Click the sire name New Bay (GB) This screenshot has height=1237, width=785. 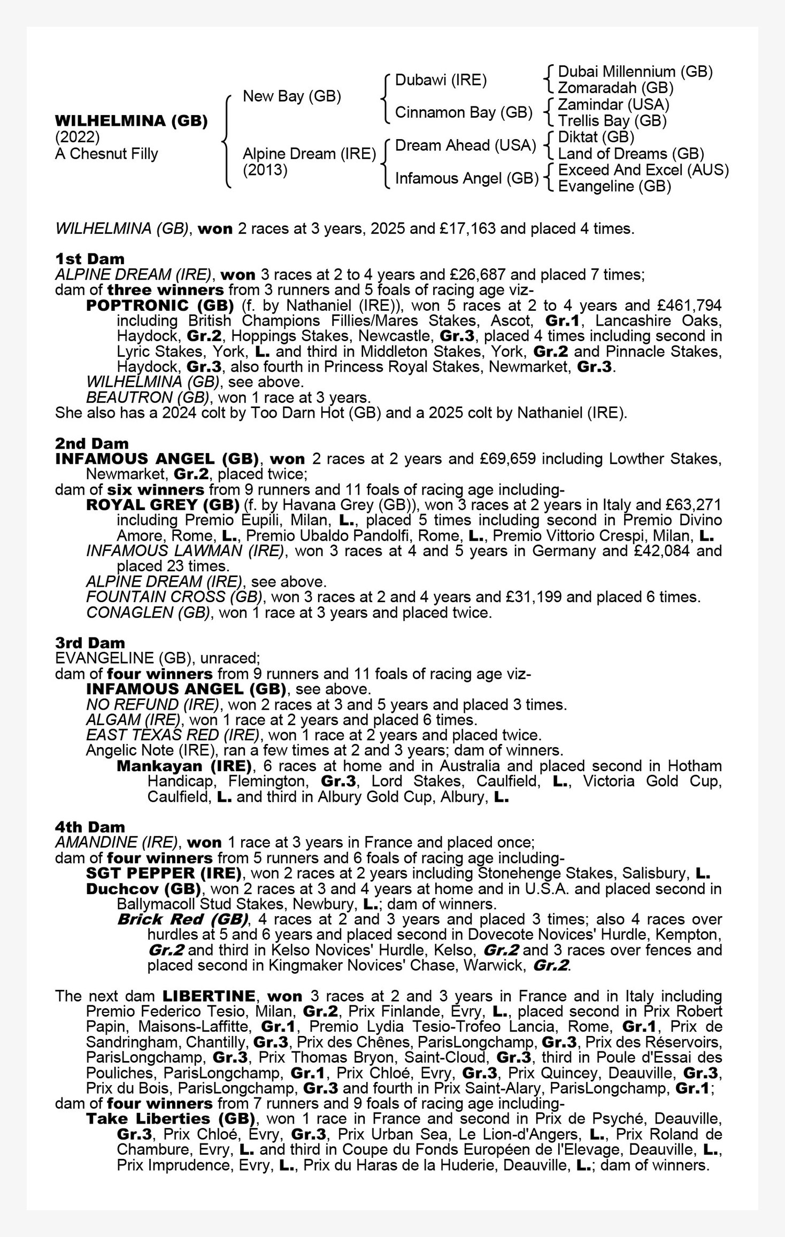(x=291, y=96)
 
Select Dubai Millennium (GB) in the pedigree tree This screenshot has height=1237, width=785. (x=635, y=72)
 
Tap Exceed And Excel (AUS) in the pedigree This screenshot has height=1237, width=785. (x=643, y=170)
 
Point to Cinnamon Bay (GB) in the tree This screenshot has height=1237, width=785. (x=463, y=113)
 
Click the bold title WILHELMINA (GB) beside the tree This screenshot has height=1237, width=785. (x=131, y=121)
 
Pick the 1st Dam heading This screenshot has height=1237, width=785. (x=89, y=259)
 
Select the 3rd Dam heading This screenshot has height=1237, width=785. (x=89, y=643)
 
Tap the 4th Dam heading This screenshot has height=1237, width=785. (x=89, y=827)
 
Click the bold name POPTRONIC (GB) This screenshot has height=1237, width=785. (x=160, y=305)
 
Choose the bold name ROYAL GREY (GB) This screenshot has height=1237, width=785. (x=163, y=505)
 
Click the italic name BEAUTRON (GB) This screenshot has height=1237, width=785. (x=147, y=398)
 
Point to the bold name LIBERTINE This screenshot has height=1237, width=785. (x=209, y=996)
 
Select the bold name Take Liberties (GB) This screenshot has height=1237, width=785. (x=171, y=1119)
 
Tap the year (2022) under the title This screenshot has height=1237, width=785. (x=77, y=137)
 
